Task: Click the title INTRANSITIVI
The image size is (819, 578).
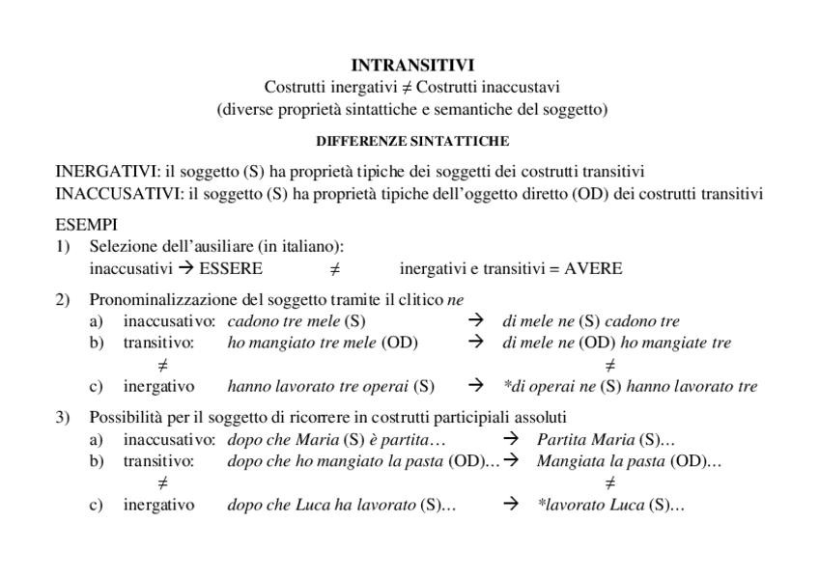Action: [x=412, y=66]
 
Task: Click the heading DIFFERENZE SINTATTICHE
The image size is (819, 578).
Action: [x=412, y=141]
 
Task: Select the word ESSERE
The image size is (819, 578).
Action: [x=230, y=268]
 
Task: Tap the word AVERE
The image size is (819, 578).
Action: [x=593, y=268]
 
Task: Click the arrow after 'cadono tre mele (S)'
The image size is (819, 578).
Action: [x=475, y=321]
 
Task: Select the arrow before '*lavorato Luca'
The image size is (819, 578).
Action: [x=512, y=505]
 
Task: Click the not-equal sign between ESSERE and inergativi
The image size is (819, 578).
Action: [x=334, y=269]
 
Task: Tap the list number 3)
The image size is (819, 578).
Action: [x=63, y=418]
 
